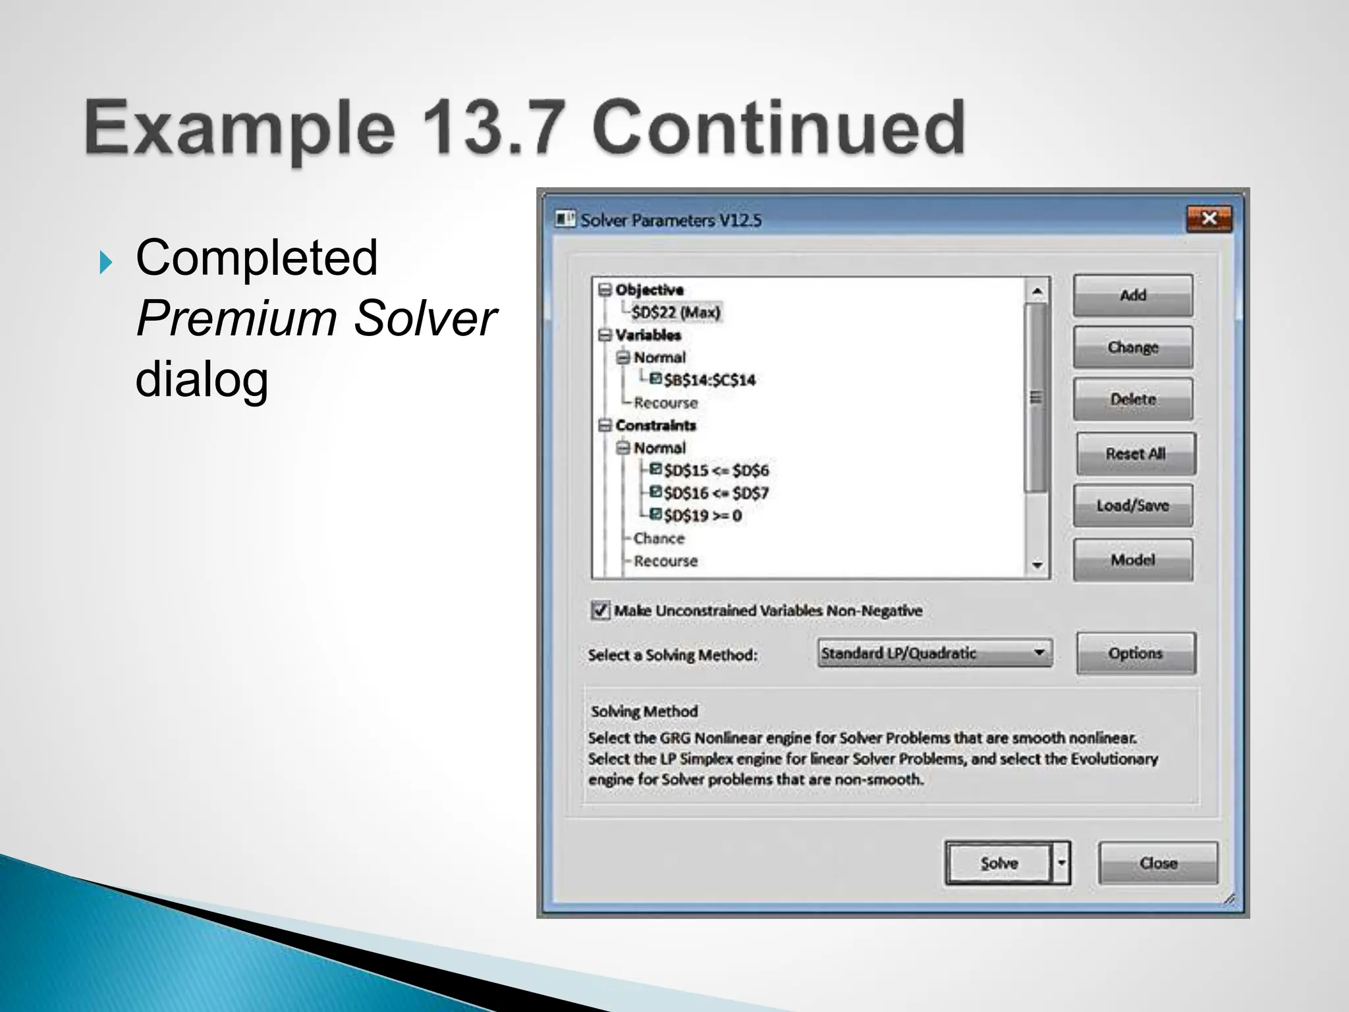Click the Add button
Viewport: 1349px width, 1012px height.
tap(1132, 296)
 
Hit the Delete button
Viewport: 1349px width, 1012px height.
tap(1132, 399)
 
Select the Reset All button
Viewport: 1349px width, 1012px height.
tap(1136, 454)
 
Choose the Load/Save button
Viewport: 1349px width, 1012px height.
tap(1132, 505)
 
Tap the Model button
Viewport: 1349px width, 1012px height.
tap(1132, 560)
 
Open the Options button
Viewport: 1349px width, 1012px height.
tap(1136, 654)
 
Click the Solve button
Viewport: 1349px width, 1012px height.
tap(999, 863)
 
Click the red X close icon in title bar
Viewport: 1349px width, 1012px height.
tap(1209, 219)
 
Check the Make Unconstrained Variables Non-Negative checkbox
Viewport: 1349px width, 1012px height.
tap(600, 610)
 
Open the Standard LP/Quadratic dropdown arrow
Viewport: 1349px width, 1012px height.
tap(1039, 653)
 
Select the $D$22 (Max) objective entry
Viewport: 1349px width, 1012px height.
tap(676, 312)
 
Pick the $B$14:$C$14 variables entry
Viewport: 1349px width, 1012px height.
tap(709, 380)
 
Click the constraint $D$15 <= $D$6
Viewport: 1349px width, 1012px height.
tap(716, 470)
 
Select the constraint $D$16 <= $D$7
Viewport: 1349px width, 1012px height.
tap(716, 493)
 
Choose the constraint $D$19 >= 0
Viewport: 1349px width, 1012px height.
tap(702, 516)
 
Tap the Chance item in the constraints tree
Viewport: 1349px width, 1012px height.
tap(659, 538)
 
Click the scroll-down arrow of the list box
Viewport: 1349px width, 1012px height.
tap(1037, 565)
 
